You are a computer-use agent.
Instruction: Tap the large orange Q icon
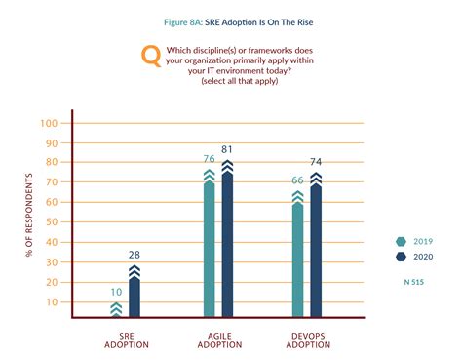click(152, 56)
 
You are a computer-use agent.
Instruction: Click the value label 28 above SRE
click(135, 255)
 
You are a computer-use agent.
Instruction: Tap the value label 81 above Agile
click(228, 150)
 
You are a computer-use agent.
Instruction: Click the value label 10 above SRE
click(115, 292)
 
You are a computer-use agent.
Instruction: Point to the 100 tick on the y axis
click(50, 123)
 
